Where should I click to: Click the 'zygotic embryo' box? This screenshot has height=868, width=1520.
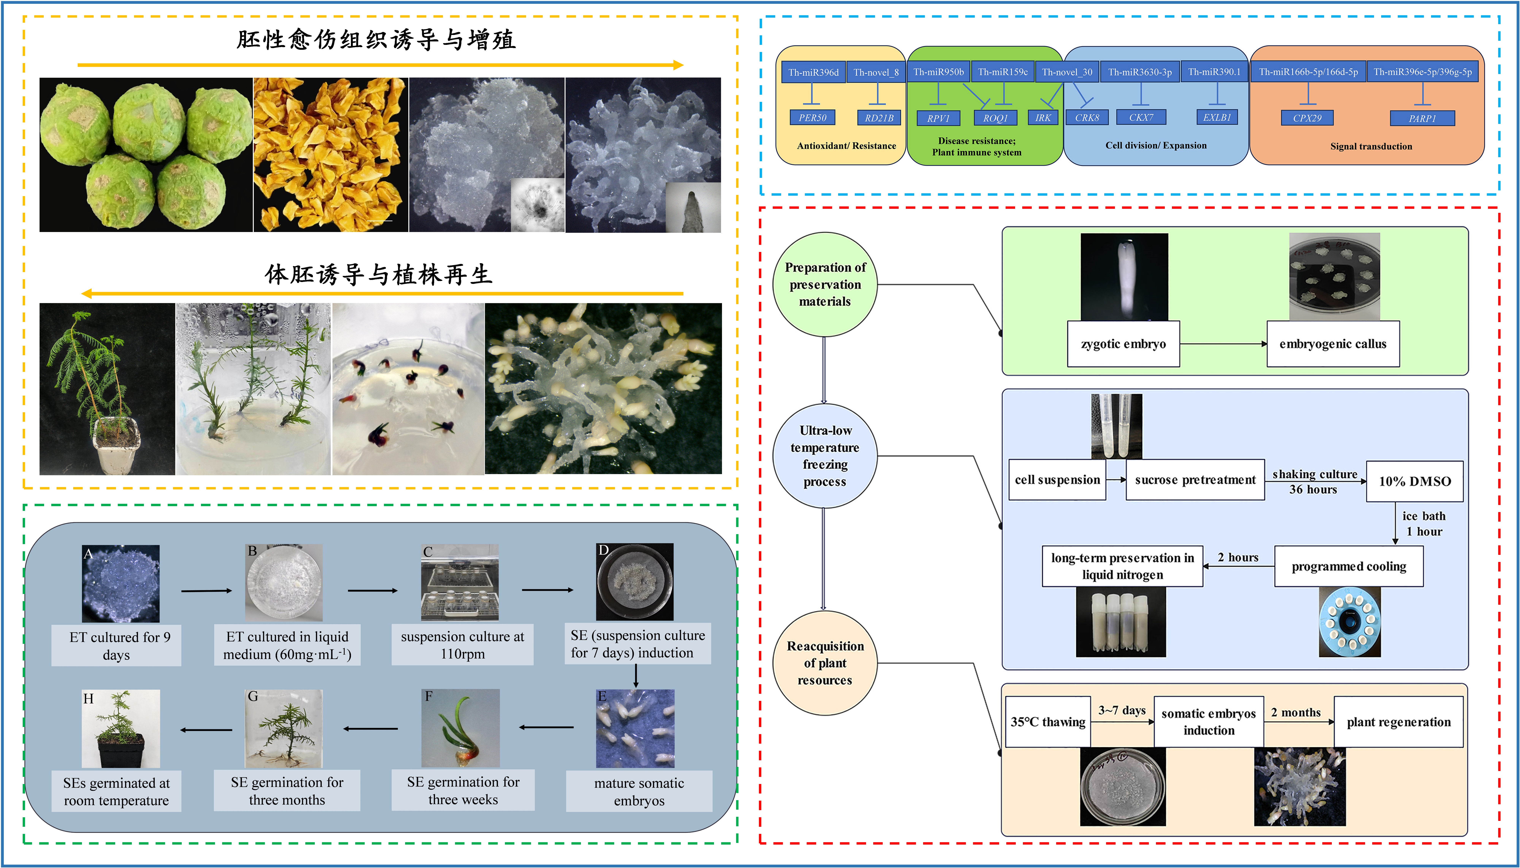click(1123, 344)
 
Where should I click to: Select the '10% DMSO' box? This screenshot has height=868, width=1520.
click(1414, 481)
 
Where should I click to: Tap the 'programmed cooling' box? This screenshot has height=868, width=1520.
click(1349, 566)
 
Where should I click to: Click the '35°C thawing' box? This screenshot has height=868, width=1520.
click(1048, 722)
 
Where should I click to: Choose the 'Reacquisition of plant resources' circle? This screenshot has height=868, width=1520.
click(825, 663)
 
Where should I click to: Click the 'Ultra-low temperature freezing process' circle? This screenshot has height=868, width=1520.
click(825, 456)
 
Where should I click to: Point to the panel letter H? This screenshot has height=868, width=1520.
click(88, 699)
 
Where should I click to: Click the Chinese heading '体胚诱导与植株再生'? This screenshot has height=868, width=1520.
click(379, 275)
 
